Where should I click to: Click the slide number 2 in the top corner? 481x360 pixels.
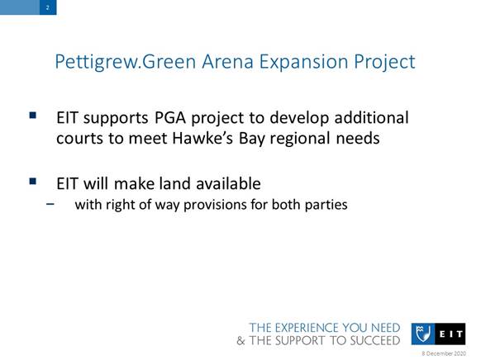[x=48, y=7]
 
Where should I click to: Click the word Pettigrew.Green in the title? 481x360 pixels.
[x=126, y=62]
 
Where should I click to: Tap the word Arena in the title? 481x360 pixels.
[x=227, y=61]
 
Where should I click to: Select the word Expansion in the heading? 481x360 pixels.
[x=303, y=62]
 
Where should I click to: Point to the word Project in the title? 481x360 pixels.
[x=384, y=62]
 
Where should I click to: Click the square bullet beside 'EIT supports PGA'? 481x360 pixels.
[x=33, y=116]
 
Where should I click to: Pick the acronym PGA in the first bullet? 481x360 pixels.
[x=170, y=117]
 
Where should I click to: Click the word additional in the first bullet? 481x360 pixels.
[x=371, y=117]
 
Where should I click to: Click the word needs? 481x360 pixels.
[x=358, y=138]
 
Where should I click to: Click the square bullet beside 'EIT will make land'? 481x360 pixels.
[x=33, y=182]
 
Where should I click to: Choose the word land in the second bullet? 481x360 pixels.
[x=175, y=183]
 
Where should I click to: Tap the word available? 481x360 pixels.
[x=229, y=183]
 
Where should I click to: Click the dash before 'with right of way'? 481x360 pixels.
[x=50, y=203]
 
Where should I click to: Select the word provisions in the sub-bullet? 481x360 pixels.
[x=215, y=205]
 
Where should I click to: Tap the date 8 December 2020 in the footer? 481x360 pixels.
[x=444, y=353]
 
